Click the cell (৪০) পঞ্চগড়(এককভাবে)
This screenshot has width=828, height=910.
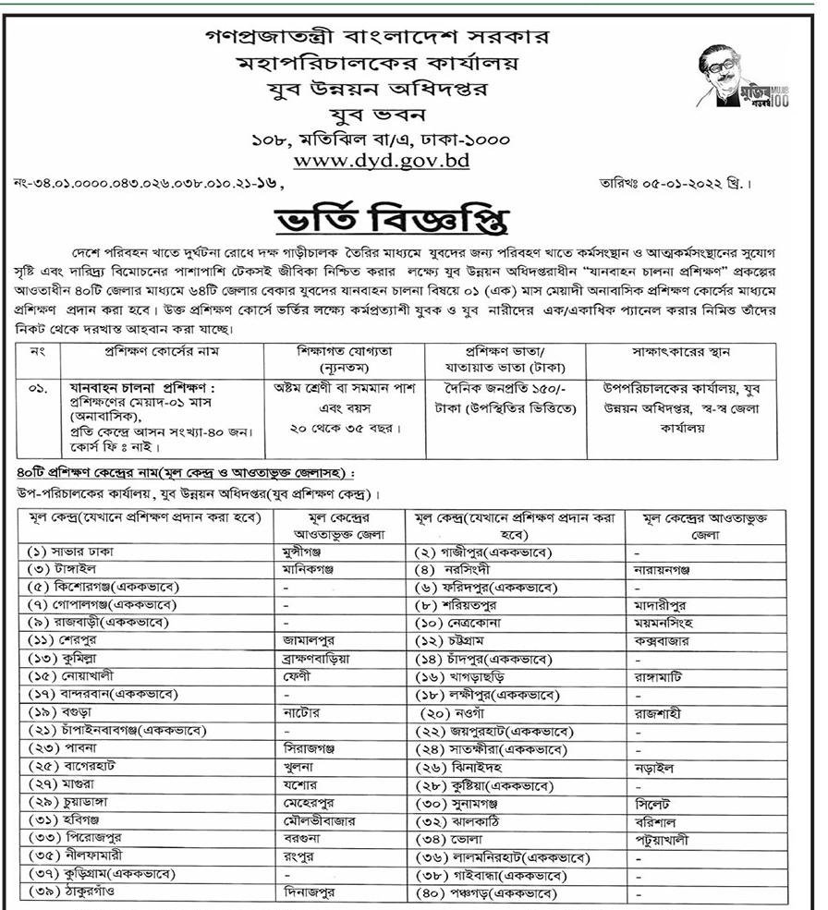[487, 893]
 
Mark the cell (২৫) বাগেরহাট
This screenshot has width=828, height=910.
[73, 767]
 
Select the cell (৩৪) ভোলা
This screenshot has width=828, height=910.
[449, 840]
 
